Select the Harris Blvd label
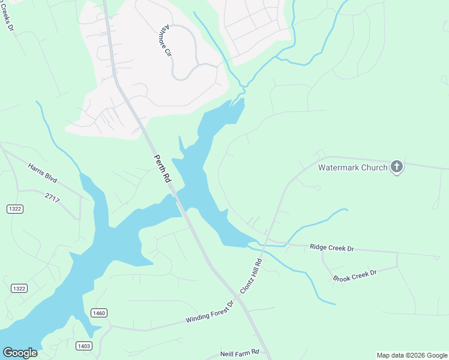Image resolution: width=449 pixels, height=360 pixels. pyautogui.click(x=42, y=172)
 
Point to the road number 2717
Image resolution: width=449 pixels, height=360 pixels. pyautogui.click(x=53, y=197)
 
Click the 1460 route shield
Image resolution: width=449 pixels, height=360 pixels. pyautogui.click(x=99, y=313)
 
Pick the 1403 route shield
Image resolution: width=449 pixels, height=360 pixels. pyautogui.click(x=84, y=346)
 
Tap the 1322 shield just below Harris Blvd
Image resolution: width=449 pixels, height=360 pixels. pyautogui.click(x=16, y=208)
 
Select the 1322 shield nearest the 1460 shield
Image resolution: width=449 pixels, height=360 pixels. pyautogui.click(x=19, y=289)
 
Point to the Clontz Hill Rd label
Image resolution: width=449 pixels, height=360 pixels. pyautogui.click(x=252, y=277)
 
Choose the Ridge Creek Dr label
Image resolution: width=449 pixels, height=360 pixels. pyautogui.click(x=332, y=247)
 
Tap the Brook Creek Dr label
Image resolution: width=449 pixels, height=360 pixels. pyautogui.click(x=354, y=275)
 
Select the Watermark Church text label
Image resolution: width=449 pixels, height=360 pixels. pyautogui.click(x=352, y=167)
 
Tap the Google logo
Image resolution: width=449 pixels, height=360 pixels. pyautogui.click(x=20, y=353)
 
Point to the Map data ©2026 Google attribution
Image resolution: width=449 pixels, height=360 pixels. pyautogui.click(x=412, y=355)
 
